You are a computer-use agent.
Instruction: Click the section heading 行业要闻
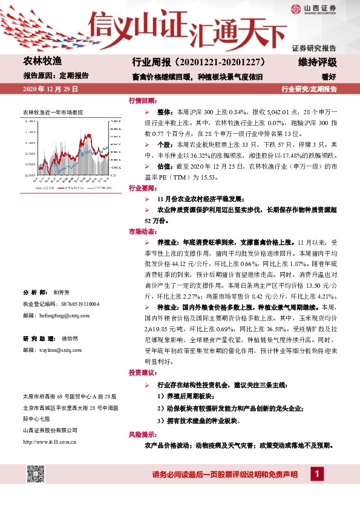[x=142, y=188]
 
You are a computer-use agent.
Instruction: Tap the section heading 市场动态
[x=142, y=232]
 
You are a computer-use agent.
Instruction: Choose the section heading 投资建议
[x=142, y=372]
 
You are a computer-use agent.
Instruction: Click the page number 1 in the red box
[x=315, y=475]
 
